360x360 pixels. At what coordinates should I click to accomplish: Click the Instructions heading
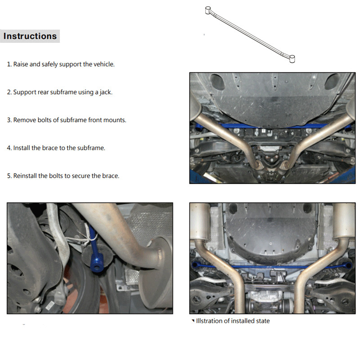click(x=30, y=36)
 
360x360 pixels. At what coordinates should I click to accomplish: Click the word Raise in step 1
click(x=21, y=64)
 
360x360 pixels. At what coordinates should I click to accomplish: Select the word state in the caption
click(x=263, y=321)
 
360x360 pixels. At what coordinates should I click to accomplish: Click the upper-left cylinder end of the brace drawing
click(x=208, y=10)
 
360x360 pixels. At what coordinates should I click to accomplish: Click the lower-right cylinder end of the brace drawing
click(x=292, y=59)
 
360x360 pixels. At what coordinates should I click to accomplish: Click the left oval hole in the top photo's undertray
click(x=217, y=82)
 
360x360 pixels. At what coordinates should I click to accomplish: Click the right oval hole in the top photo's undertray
click(x=332, y=82)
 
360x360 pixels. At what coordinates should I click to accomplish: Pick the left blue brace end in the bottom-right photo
click(x=195, y=265)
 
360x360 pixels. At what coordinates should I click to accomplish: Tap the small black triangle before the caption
click(x=193, y=320)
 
